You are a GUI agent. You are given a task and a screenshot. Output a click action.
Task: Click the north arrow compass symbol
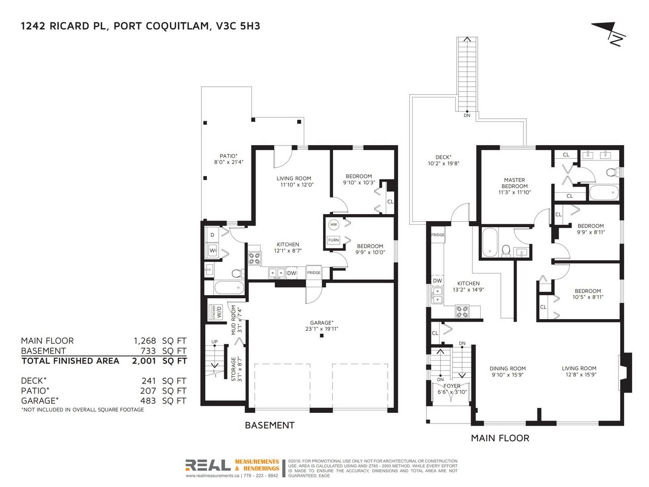click(x=609, y=33)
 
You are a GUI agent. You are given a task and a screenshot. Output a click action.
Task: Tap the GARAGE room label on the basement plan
click(x=321, y=323)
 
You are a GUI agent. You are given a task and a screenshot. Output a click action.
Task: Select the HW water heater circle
click(x=334, y=225)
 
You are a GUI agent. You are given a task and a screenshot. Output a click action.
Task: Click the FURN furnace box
click(x=334, y=240)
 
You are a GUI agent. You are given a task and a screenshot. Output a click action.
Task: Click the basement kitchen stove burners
click(x=255, y=258)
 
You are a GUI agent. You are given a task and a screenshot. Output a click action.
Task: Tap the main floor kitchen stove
click(x=462, y=311)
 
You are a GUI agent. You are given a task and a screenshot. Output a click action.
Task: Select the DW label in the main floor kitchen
click(x=437, y=281)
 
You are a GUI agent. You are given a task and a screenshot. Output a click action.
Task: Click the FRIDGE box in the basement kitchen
click(x=314, y=272)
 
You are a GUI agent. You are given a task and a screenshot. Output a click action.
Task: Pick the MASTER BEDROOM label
click(x=515, y=183)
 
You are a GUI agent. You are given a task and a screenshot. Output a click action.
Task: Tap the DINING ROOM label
click(x=508, y=368)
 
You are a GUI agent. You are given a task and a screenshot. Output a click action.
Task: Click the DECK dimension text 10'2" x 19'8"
click(x=444, y=163)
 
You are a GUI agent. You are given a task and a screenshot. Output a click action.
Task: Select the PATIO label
click(x=229, y=156)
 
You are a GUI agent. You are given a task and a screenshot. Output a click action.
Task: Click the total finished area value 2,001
click(x=144, y=361)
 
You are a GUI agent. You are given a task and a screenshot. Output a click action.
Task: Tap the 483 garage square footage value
click(x=148, y=401)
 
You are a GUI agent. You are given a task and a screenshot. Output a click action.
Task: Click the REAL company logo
click(x=208, y=465)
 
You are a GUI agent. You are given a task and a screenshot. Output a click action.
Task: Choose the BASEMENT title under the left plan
click(x=270, y=425)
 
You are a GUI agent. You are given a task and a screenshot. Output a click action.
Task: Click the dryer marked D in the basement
click(x=212, y=235)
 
